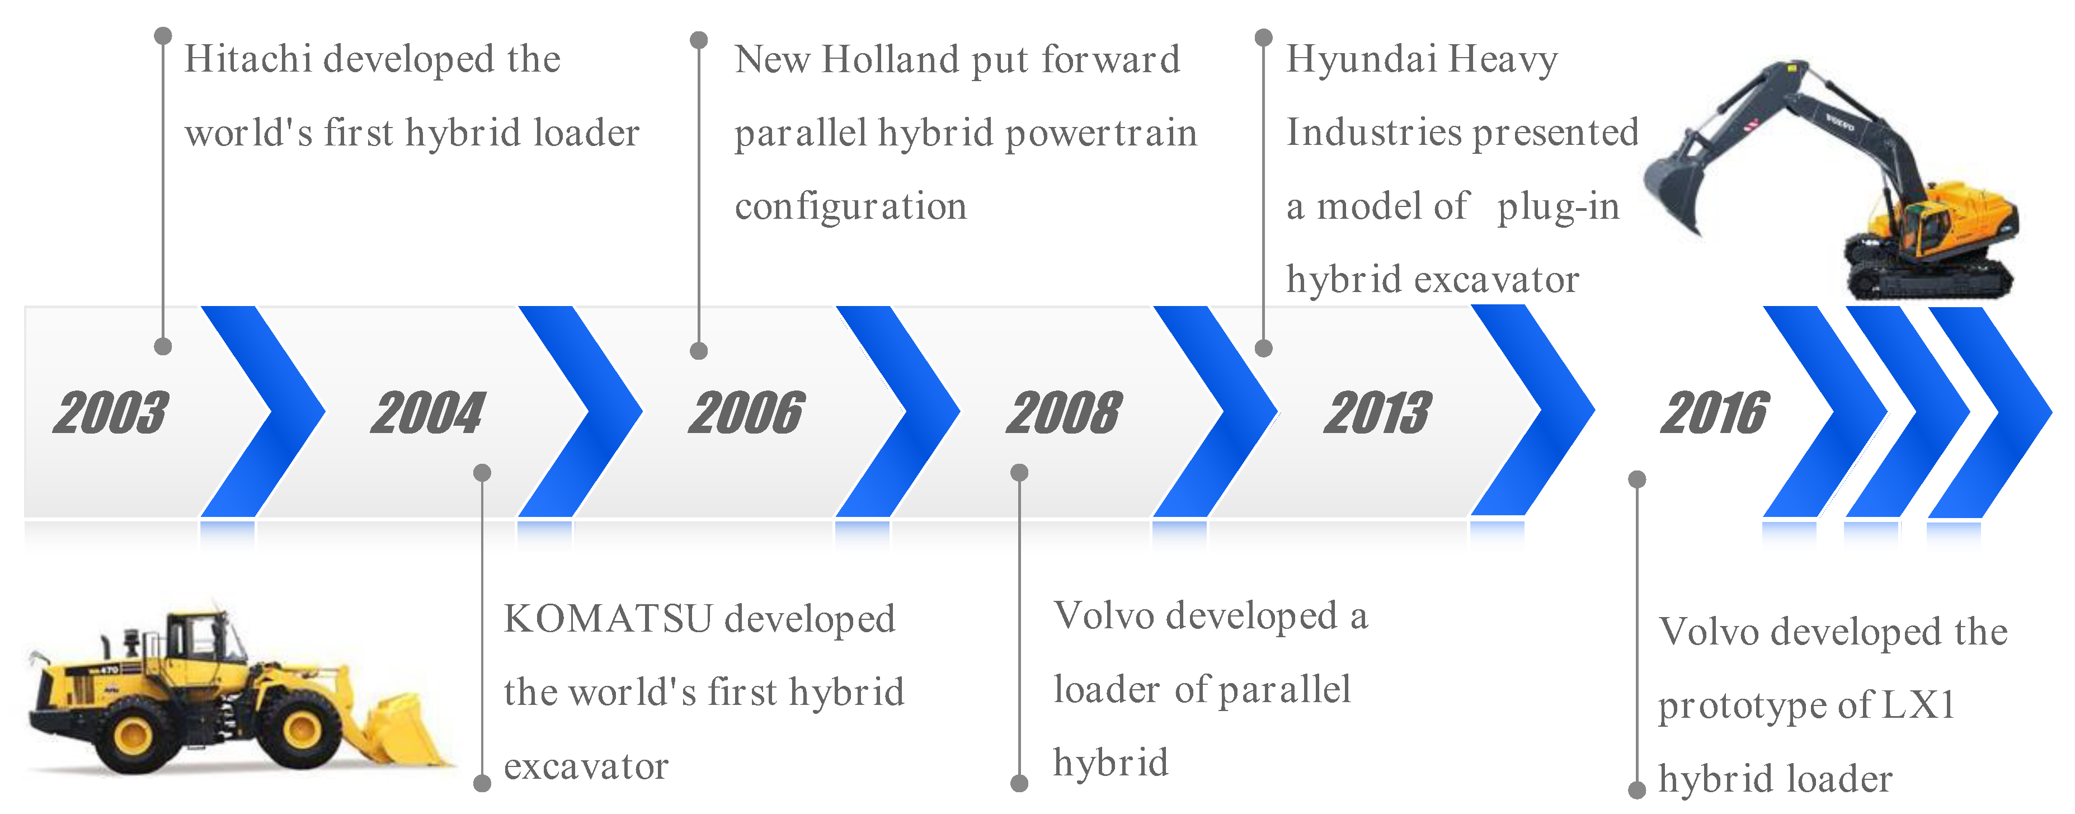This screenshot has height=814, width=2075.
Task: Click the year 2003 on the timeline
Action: tap(111, 413)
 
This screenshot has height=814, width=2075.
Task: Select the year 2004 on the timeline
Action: tap(429, 413)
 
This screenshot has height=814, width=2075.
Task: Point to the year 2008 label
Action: tap(1064, 413)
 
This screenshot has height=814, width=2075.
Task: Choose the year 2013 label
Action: tap(1378, 413)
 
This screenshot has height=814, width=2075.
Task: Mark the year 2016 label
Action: tap(1715, 413)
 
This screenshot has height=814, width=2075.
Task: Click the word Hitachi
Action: tap(248, 59)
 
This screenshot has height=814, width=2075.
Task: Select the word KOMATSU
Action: tap(608, 618)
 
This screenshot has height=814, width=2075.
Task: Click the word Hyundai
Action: tap(1361, 59)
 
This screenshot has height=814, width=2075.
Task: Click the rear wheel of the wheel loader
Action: tap(134, 733)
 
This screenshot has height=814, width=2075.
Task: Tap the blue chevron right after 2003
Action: tap(262, 411)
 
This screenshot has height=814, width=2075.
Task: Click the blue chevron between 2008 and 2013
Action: tap(1215, 411)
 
